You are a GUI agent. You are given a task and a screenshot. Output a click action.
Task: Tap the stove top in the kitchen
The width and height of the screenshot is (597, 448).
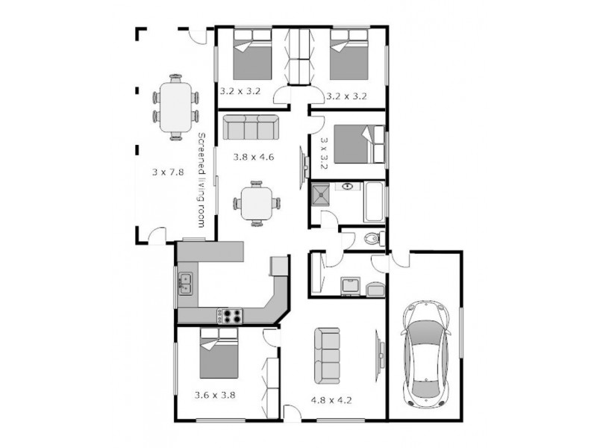click(x=231, y=315)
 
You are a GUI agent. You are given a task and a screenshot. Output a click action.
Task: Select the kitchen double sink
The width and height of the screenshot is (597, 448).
click(x=186, y=284)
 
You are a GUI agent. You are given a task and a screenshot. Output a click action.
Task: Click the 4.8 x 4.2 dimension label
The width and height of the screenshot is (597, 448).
click(x=331, y=399)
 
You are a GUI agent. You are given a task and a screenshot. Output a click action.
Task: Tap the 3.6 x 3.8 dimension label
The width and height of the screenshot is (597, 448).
click(x=215, y=396)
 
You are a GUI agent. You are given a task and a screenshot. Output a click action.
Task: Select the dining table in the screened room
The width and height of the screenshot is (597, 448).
click(x=176, y=105)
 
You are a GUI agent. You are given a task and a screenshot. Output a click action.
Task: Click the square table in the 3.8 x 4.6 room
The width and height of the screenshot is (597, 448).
click(x=256, y=202)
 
